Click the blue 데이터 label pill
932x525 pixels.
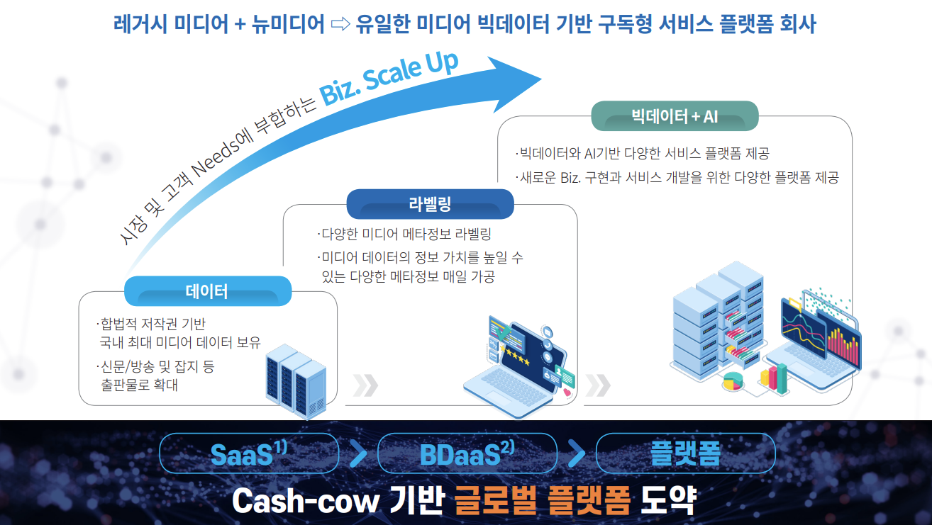208,291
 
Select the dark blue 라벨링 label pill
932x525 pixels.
430,205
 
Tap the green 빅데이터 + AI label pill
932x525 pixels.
675,116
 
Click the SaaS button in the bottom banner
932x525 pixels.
249,453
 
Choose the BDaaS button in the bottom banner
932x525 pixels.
467,453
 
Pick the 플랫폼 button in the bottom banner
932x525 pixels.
685,453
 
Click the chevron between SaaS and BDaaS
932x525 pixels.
359,453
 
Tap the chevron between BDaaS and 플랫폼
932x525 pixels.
577,453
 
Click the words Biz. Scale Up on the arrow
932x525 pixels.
389,79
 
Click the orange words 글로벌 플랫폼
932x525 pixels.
543,501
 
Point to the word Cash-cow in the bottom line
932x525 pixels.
305,502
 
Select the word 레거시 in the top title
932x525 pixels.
138,25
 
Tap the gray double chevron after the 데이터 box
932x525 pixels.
365,385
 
